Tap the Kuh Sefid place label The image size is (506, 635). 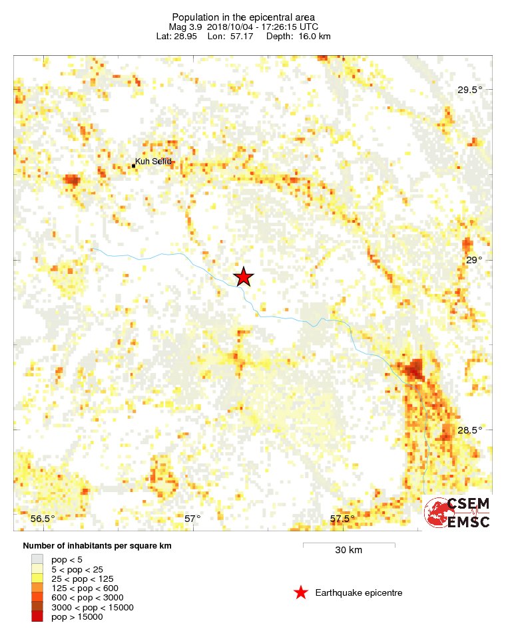(x=153, y=162)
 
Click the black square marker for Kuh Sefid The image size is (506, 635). (x=133, y=166)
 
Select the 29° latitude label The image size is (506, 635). (x=474, y=261)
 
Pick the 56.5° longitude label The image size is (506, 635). (x=44, y=519)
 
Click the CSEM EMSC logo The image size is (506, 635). (x=458, y=513)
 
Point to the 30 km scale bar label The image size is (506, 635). (x=349, y=550)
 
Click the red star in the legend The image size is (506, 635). (x=301, y=592)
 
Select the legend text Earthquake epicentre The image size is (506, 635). (x=359, y=592)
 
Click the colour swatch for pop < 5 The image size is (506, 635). (x=37, y=560)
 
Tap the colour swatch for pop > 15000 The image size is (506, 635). (x=37, y=616)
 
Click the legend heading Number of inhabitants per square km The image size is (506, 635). (x=93, y=546)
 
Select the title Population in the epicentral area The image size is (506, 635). (x=244, y=17)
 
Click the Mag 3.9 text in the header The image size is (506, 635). (x=184, y=27)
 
